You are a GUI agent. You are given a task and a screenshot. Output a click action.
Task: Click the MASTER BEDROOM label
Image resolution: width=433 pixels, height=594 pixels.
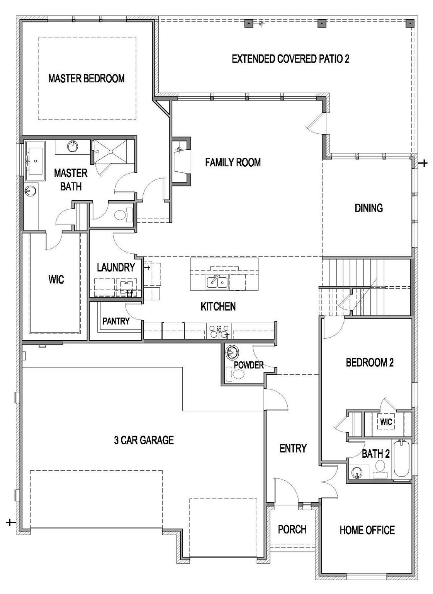[x=86, y=79]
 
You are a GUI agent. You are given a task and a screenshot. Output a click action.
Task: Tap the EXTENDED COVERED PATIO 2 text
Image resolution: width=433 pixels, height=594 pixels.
[x=290, y=59]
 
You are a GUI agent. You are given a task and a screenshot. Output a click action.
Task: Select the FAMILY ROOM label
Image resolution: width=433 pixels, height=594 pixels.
[x=233, y=162]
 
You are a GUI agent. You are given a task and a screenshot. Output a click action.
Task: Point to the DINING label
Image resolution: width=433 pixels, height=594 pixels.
[x=368, y=208]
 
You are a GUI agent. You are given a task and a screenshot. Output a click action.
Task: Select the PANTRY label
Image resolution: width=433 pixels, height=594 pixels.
[x=116, y=321]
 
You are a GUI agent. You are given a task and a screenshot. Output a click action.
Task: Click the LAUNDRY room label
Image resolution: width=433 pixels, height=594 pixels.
[x=115, y=267]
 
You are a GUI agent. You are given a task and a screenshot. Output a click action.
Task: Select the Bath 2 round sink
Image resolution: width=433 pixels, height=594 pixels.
[x=357, y=472]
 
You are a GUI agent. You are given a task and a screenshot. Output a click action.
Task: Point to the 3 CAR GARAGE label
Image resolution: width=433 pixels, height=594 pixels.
[x=144, y=440]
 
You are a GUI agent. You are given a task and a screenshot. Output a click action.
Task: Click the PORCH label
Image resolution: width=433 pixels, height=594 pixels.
[x=292, y=529]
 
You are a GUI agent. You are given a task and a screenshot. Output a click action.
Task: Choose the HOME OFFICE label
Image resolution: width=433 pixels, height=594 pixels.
[x=367, y=530]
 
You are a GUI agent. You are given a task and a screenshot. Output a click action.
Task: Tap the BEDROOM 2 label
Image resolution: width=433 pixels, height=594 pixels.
[x=369, y=362]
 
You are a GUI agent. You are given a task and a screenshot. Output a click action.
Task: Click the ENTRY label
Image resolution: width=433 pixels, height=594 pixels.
[x=293, y=448]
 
